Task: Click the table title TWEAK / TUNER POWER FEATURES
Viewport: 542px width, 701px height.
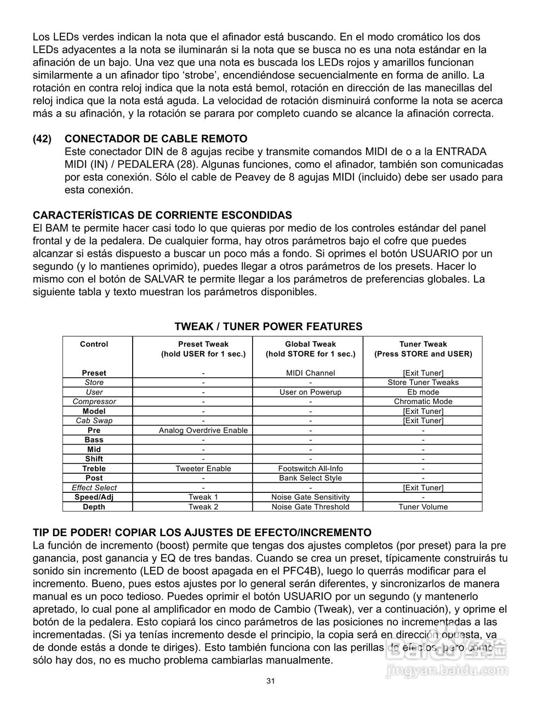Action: click(x=268, y=326)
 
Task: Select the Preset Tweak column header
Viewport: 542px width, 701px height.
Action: click(x=203, y=349)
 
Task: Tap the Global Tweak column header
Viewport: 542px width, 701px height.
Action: click(x=310, y=349)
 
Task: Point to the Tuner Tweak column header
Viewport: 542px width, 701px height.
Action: click(x=423, y=349)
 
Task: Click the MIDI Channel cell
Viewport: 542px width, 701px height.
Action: click(x=310, y=373)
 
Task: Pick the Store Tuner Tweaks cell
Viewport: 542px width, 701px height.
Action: click(x=423, y=382)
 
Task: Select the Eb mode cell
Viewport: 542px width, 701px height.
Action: click(x=423, y=392)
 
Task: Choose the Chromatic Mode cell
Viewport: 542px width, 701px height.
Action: click(x=423, y=401)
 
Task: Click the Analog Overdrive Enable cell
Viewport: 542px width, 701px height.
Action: click(x=203, y=430)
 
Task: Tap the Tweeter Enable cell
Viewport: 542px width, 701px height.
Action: click(x=203, y=468)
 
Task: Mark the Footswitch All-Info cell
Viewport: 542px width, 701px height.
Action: click(x=310, y=468)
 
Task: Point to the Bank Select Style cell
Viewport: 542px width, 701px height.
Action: click(x=310, y=478)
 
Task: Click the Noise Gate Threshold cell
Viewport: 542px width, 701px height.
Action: click(x=310, y=507)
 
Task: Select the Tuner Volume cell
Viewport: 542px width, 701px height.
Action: click(x=423, y=507)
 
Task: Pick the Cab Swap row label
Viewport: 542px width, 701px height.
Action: click(x=94, y=421)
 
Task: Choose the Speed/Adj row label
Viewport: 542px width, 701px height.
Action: click(x=94, y=497)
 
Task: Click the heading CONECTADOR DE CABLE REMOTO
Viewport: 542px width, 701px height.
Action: click(x=156, y=139)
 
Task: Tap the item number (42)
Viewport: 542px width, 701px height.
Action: click(x=42, y=139)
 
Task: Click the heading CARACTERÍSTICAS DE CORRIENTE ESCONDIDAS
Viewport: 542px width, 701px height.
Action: click(x=162, y=215)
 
